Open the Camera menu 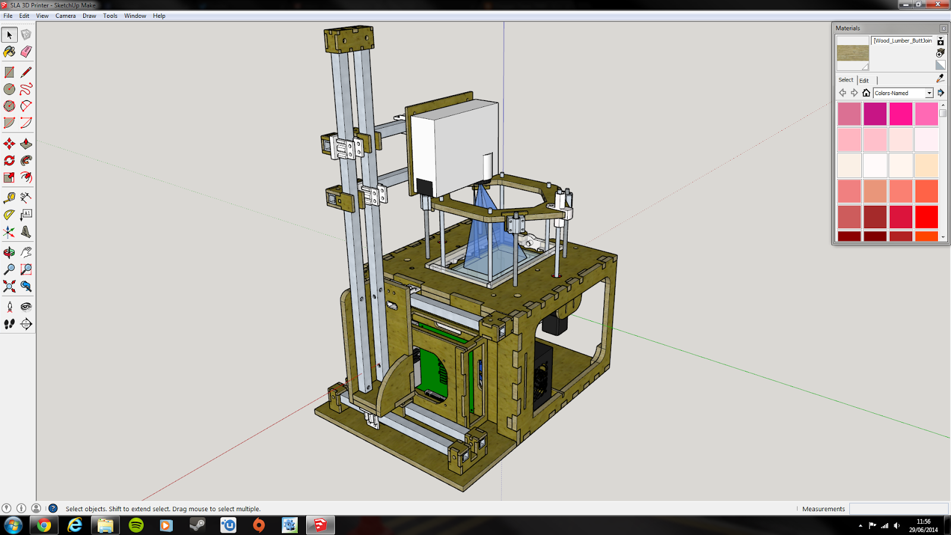pyautogui.click(x=65, y=15)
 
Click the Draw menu pyautogui.click(x=89, y=15)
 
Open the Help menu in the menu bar pyautogui.click(x=159, y=15)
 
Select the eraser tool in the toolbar pyautogui.click(x=26, y=52)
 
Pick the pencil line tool pyautogui.click(x=26, y=72)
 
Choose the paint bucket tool pyautogui.click(x=9, y=52)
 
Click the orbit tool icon pyautogui.click(x=9, y=252)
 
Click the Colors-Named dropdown pyautogui.click(x=903, y=93)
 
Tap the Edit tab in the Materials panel pyautogui.click(x=864, y=80)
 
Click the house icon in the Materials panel pyautogui.click(x=866, y=93)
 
